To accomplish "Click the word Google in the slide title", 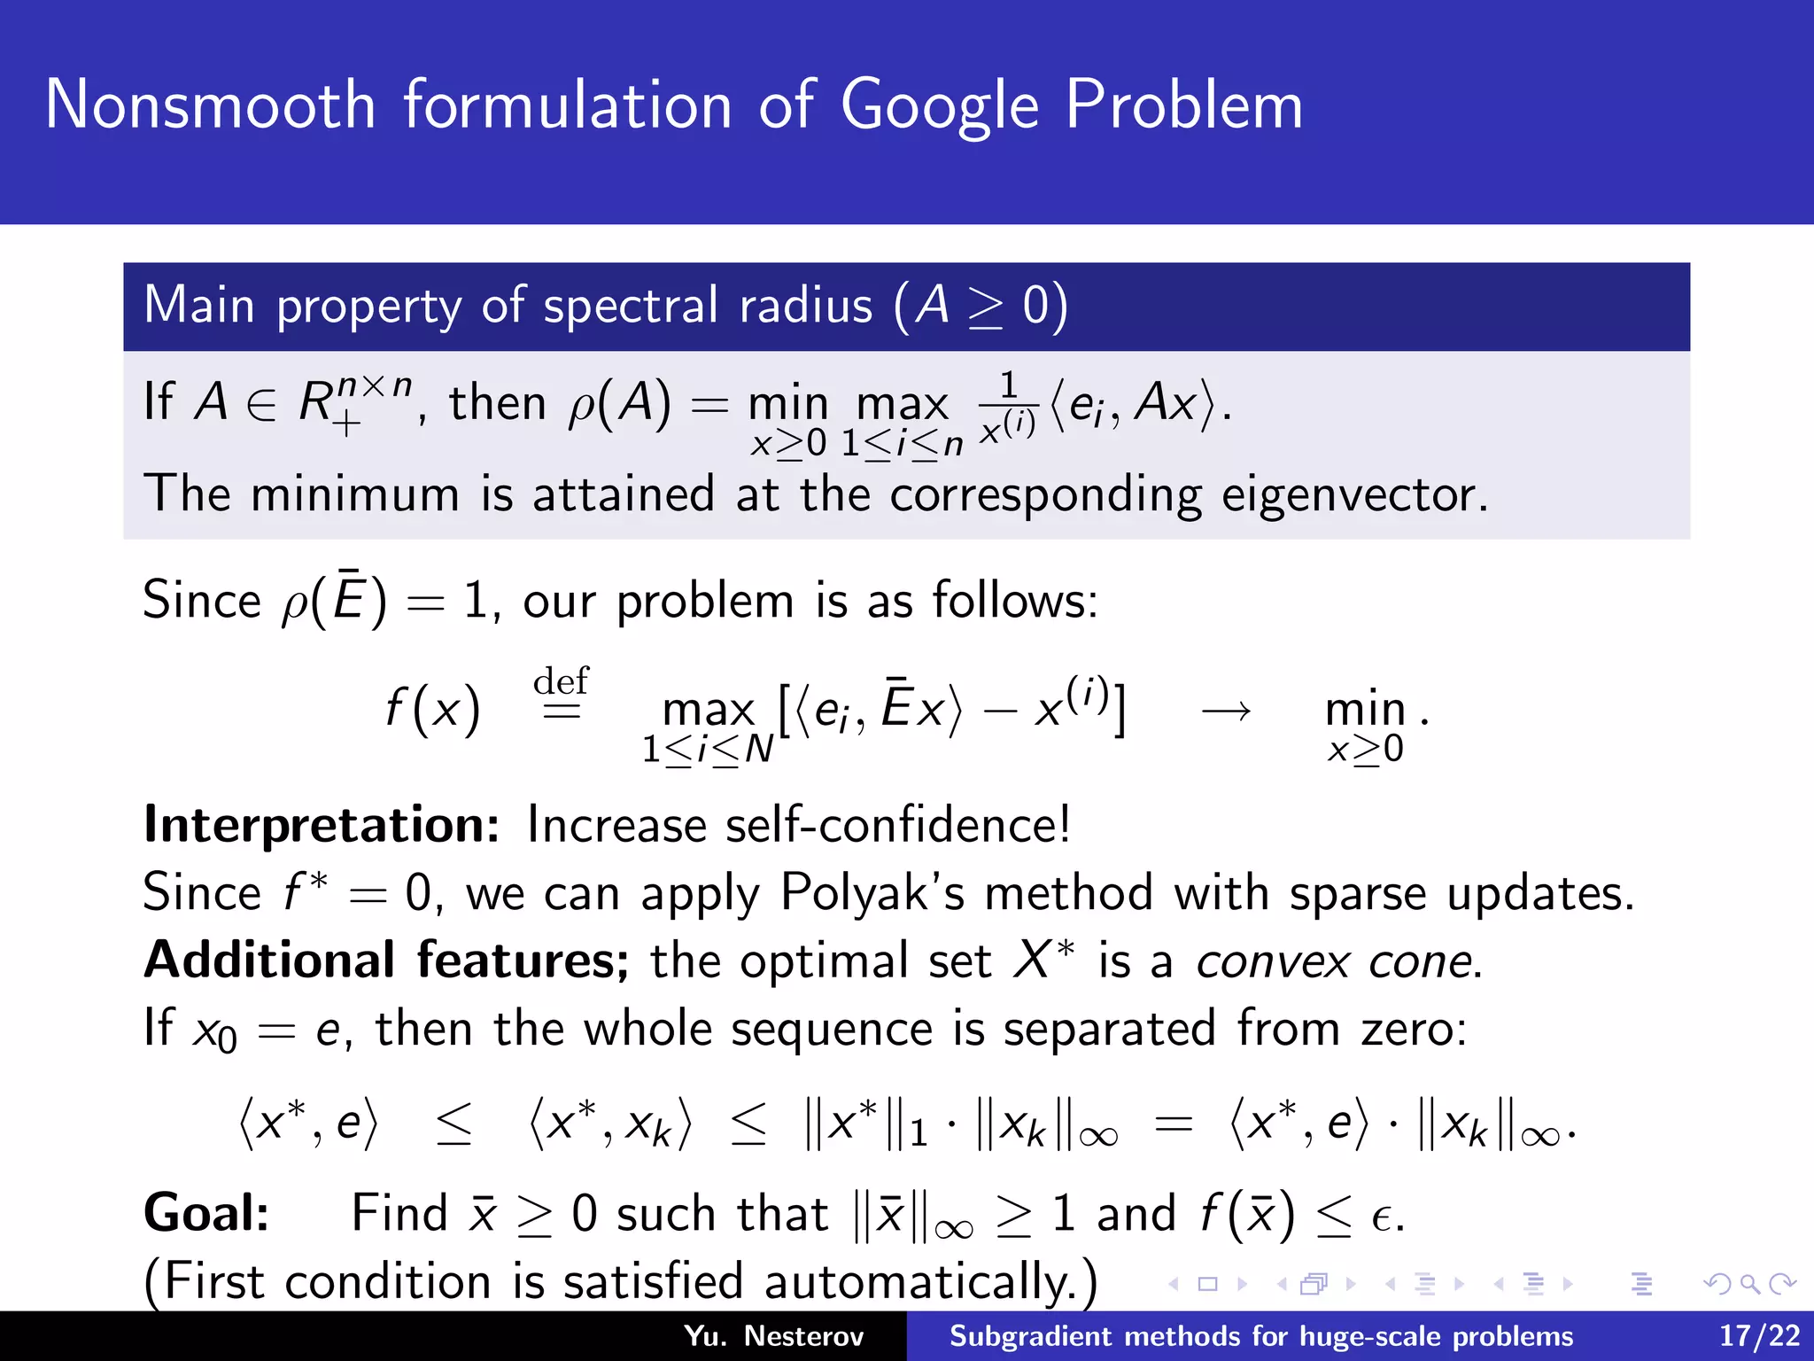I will (x=939, y=106).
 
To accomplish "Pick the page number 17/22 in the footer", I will (x=1759, y=1336).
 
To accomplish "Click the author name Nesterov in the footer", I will (x=803, y=1336).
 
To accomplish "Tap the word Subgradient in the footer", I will (x=1030, y=1336).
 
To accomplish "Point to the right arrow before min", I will (x=1227, y=710).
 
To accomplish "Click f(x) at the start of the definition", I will (x=433, y=710).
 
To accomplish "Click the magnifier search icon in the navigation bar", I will (x=1749, y=1284).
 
